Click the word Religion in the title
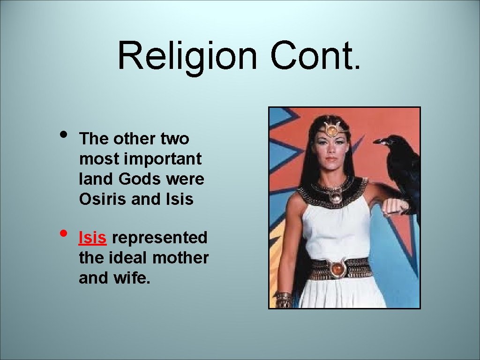point(187,55)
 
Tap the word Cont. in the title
point(315,55)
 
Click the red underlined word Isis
point(93,238)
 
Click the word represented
point(160,238)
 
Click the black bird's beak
point(380,141)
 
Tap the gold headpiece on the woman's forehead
point(332,129)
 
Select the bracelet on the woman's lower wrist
point(283,299)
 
